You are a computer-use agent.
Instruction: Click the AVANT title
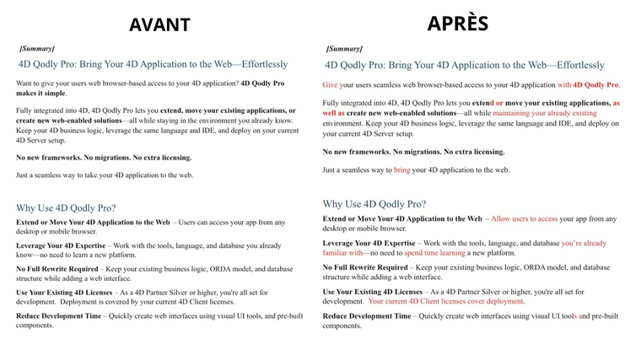coord(159,24)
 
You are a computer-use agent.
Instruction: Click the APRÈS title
coord(457,23)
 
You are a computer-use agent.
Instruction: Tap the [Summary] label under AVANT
coord(37,49)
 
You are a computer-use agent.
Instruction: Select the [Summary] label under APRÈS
coord(344,49)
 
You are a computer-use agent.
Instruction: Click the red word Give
coord(330,85)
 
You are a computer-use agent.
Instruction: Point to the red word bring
coord(401,169)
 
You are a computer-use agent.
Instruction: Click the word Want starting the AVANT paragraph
coord(25,83)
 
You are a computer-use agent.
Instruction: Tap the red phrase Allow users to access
coord(524,218)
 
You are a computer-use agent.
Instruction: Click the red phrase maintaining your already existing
coord(544,113)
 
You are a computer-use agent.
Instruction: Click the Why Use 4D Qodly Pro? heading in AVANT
coord(66,207)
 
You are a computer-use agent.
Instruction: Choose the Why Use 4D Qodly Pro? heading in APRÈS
coord(374,204)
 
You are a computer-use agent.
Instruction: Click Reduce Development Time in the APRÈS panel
coord(367,316)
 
